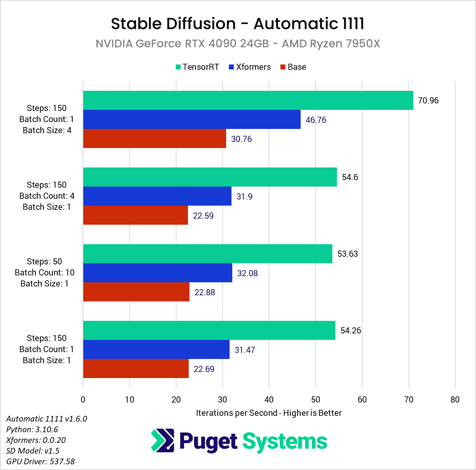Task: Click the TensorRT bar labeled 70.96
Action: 248,100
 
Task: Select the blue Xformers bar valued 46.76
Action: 192,119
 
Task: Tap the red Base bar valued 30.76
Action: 154,138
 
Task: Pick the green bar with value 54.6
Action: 210,177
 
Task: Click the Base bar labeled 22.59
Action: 135,215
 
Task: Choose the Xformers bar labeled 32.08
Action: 157,273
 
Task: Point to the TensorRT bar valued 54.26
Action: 209,330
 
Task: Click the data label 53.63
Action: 348,254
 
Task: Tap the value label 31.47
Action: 245,350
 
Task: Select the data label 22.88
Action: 205,293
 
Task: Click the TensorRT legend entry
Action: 197,67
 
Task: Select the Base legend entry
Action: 293,67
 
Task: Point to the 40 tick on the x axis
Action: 269,399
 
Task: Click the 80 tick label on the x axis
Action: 455,399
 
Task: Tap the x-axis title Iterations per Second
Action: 269,413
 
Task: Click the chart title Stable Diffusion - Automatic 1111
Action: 238,24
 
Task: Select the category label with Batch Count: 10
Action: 45,272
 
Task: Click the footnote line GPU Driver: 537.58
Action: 40,461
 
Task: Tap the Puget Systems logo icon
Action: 163,441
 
